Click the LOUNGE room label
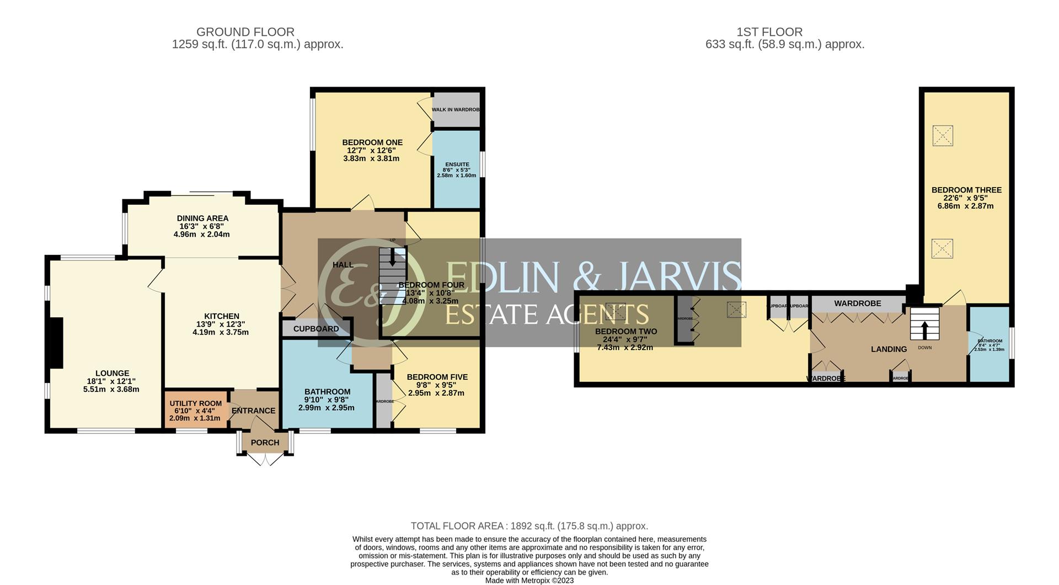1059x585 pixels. tap(112, 373)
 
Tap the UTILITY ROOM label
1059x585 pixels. tap(195, 403)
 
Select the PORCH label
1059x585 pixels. tap(265, 443)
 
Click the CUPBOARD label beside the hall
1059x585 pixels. tap(316, 329)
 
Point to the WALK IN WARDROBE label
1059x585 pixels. tap(456, 110)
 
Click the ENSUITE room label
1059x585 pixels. tap(457, 164)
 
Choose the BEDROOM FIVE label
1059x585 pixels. tap(437, 377)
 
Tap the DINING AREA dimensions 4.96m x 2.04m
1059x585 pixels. tap(201, 234)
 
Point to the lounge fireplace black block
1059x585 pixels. tap(56, 343)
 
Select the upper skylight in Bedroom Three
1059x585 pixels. tap(943, 135)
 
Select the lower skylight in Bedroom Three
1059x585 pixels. tap(942, 248)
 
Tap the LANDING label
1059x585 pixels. tap(889, 349)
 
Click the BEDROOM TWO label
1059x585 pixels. tap(625, 332)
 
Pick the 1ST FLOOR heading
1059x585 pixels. tap(785, 32)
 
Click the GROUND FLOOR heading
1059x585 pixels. tap(245, 32)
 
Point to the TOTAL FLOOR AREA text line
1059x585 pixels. tap(529, 526)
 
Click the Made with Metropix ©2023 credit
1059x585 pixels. tap(529, 580)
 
